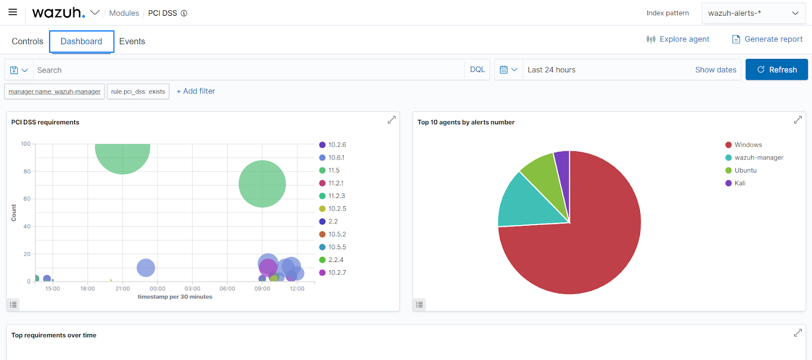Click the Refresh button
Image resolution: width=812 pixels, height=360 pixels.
pos(776,70)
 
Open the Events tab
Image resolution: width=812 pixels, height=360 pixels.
pos(132,41)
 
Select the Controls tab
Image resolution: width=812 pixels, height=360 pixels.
pos(27,41)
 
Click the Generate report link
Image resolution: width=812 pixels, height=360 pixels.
pos(767,39)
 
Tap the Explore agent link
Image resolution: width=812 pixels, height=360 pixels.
pos(678,39)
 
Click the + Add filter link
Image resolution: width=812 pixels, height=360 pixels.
pos(196,91)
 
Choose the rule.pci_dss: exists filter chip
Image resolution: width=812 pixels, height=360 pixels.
pos(138,91)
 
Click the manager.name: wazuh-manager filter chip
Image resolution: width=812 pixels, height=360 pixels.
pos(54,91)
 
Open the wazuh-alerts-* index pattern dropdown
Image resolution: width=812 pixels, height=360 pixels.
pos(753,13)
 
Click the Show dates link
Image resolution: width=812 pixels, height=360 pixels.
pos(716,70)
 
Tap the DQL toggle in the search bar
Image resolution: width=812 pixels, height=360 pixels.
pos(478,70)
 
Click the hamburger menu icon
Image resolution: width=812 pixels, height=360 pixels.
pos(13,12)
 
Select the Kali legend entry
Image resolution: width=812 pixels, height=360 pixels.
pos(735,183)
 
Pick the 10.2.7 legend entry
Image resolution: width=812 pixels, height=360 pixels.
pos(333,273)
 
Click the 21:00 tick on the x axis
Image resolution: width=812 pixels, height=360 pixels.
pos(122,288)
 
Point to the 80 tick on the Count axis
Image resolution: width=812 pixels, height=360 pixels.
pos(27,172)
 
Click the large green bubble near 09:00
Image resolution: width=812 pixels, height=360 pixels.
pos(262,184)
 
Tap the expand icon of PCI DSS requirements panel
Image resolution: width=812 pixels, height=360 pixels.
pos(391,120)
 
